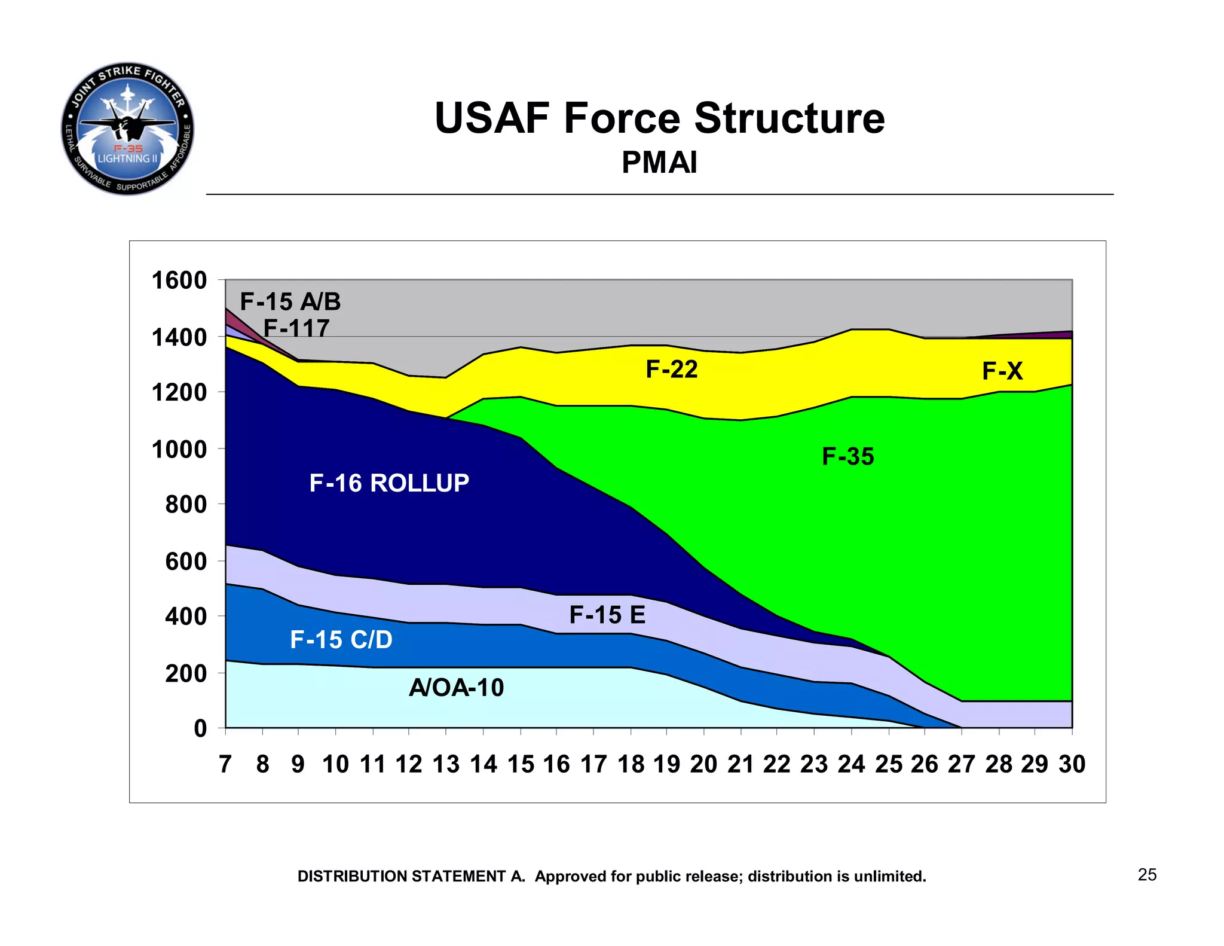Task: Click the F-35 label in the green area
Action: tap(847, 457)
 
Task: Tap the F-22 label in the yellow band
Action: tap(671, 370)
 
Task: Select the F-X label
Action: tap(1002, 371)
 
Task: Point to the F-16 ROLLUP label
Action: tap(389, 483)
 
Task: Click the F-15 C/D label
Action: tap(341, 640)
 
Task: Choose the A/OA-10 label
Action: tap(456, 688)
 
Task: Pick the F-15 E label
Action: tap(607, 615)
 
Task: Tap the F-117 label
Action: tap(296, 328)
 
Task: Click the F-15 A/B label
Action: tap(290, 302)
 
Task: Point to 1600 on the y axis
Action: tap(179, 280)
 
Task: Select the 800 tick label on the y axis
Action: tap(186, 505)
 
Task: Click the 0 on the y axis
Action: tap(200, 728)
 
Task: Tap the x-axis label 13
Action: tap(446, 764)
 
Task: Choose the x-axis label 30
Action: tap(1072, 764)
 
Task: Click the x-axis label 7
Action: tap(225, 764)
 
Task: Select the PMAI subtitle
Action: tap(659, 163)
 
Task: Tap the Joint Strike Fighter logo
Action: tap(127, 129)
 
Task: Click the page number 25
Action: tap(1147, 875)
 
